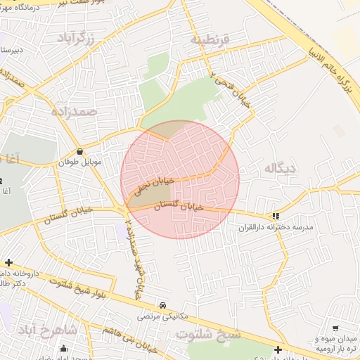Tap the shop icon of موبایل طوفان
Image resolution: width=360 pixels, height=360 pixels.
pos(79,151)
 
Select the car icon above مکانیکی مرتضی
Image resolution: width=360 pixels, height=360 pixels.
pos(163,305)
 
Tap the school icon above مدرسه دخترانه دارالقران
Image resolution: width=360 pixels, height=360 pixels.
pos(276,217)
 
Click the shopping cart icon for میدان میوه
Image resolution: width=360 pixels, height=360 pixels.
pos(335,328)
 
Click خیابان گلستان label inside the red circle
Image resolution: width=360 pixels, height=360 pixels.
pos(178,206)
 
